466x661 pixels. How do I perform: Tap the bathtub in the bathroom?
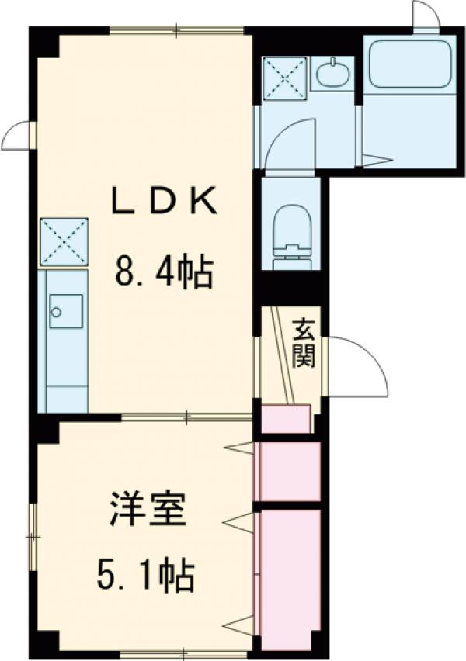pos(409,64)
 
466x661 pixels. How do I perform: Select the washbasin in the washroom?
pos(333,75)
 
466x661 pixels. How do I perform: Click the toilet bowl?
pos(294,229)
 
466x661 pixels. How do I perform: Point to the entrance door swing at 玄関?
pos(357,365)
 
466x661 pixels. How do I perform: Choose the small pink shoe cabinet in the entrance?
pos(286,419)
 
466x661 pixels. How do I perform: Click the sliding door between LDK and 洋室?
pos(186,418)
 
